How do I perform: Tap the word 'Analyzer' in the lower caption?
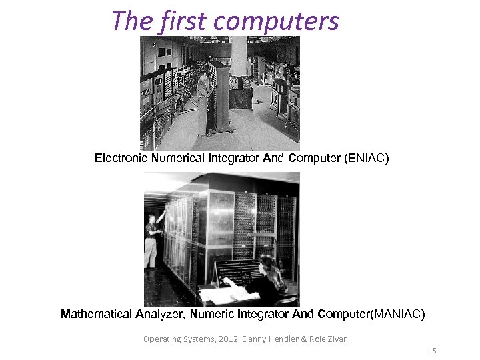[x=164, y=314]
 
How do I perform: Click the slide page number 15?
[x=432, y=351]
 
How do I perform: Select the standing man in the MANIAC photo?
[x=153, y=240]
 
